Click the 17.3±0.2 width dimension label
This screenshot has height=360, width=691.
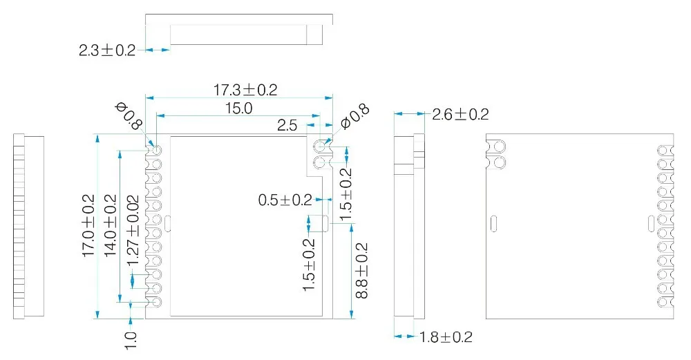point(245,90)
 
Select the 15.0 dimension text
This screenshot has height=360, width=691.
point(239,108)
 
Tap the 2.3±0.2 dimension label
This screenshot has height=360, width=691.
point(107,50)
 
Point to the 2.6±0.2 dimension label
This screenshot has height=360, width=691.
point(460,115)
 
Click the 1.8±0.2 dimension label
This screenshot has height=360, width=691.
point(446,337)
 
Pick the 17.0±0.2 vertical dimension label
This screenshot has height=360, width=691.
point(88,226)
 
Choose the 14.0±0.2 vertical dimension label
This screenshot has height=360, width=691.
point(110,226)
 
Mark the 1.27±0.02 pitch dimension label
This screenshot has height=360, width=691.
point(133,231)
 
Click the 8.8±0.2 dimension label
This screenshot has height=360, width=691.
point(361,271)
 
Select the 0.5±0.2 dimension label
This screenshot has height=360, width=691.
point(285,200)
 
